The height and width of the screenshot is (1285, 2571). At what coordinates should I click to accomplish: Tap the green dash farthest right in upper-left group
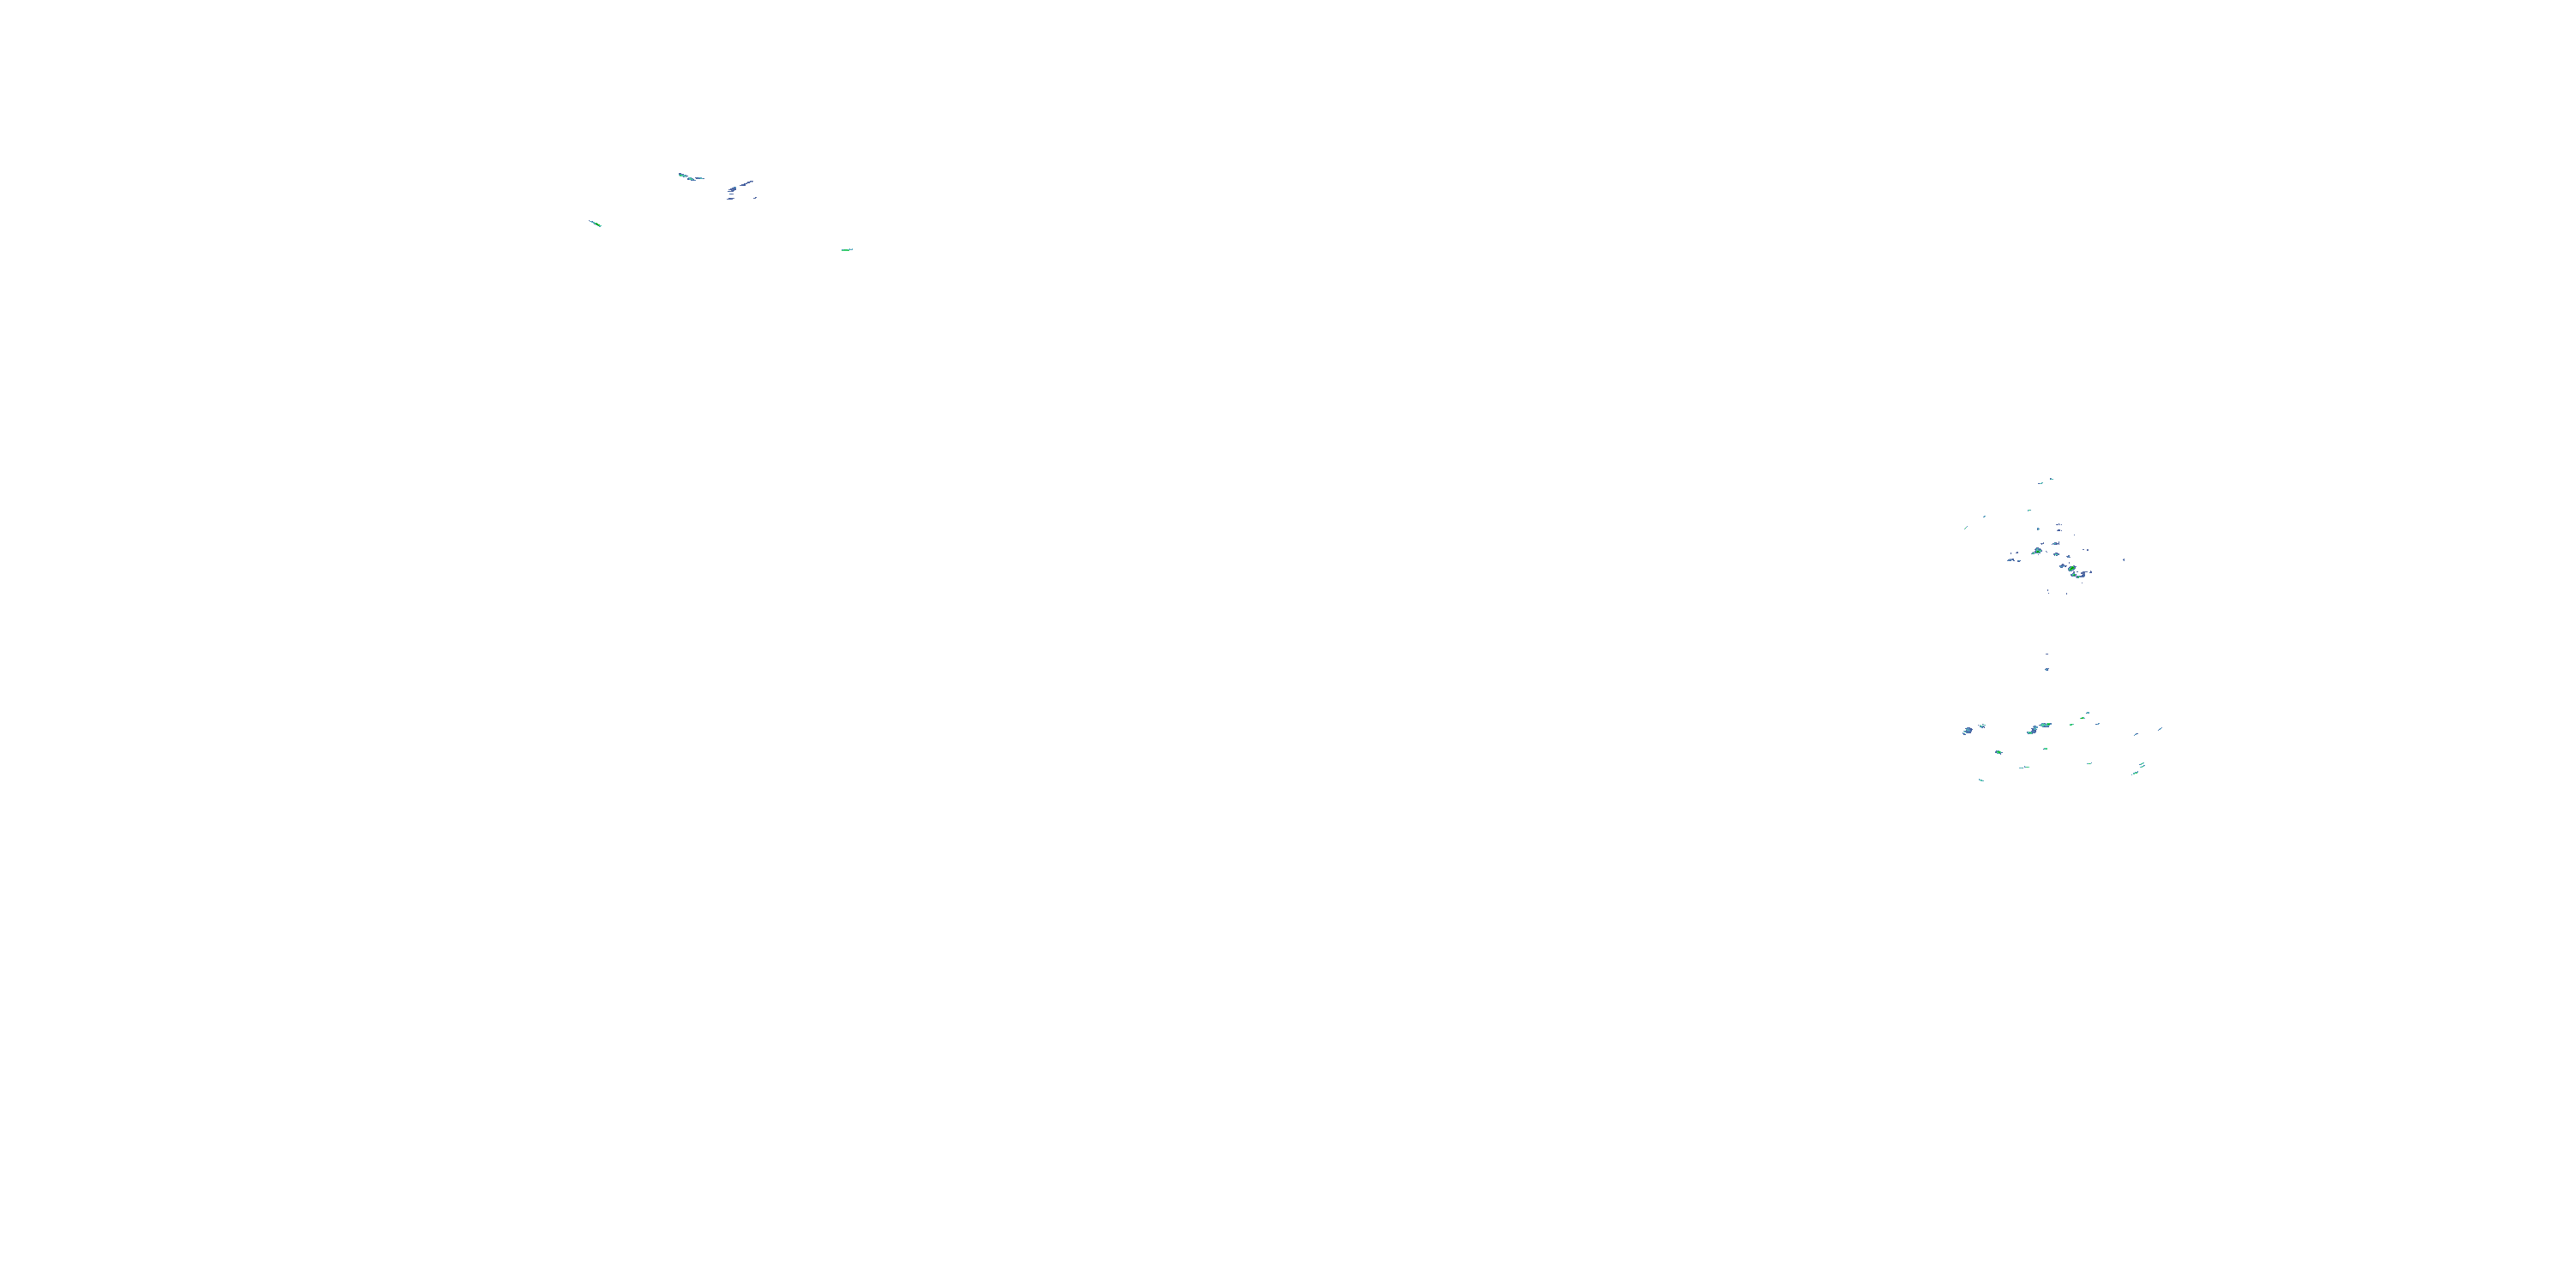[847, 250]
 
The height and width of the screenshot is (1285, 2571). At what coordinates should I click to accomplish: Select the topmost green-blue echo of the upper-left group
[683, 176]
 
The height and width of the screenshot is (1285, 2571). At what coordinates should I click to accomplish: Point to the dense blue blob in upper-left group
[734, 189]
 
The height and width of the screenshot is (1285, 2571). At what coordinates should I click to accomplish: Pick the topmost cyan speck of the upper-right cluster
[2052, 480]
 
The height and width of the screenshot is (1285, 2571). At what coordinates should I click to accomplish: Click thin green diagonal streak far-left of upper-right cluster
[1966, 528]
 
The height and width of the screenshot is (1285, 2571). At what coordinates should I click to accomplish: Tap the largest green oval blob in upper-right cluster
[2072, 569]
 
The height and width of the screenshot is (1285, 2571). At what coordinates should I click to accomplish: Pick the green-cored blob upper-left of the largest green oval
[2038, 551]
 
